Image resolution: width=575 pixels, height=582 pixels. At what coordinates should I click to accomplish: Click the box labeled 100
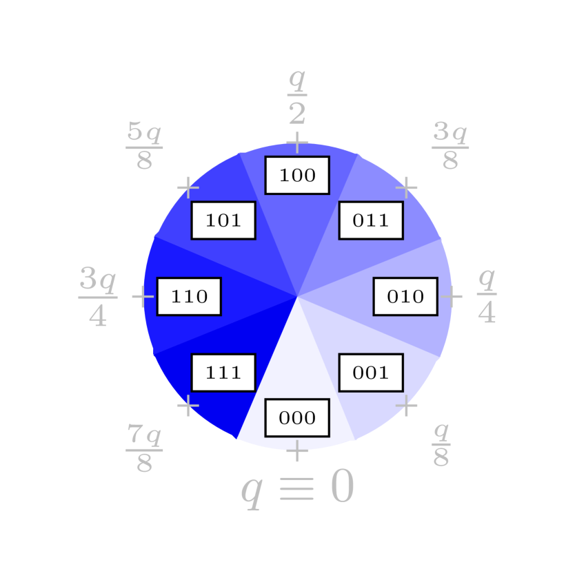pos(297,176)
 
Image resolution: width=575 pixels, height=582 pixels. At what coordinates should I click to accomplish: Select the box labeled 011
pos(371,220)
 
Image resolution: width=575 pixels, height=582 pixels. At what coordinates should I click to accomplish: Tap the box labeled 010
pos(405,296)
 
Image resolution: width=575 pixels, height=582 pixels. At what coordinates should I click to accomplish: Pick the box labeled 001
pos(371,373)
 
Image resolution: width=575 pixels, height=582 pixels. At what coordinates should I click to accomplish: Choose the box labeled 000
pos(297,417)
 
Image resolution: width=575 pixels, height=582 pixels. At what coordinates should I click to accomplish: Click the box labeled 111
pos(223,373)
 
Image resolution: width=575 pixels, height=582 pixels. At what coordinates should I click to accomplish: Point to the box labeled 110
pos(189,296)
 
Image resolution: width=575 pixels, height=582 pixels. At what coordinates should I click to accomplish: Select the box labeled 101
pos(223,220)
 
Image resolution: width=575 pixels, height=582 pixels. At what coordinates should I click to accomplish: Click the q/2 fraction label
pos(297,96)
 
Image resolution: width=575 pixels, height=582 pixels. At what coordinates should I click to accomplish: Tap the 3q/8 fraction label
pos(450,146)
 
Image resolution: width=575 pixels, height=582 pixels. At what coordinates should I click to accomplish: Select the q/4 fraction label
pos(487,296)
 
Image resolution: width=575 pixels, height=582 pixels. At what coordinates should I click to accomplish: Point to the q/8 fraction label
pos(441,445)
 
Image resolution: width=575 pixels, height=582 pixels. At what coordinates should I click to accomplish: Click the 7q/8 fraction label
pos(144,449)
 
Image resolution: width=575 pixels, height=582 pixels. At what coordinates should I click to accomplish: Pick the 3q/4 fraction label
pos(98,296)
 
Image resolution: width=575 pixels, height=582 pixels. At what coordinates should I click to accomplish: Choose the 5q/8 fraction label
pos(144,146)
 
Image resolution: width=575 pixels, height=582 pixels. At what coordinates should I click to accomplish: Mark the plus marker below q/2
pos(297,143)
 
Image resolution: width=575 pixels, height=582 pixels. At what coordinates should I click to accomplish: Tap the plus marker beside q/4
pos(452,296)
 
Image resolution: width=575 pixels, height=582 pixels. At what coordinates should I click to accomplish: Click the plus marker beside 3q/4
pos(143,296)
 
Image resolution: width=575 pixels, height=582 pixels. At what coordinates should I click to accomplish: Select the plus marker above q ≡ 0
pos(297,450)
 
